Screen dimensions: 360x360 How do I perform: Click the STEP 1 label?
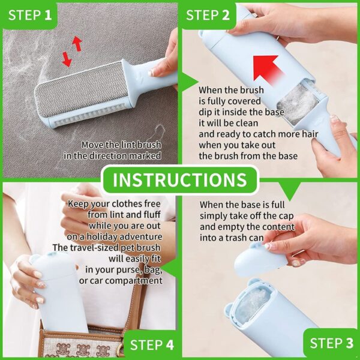(x=31, y=15)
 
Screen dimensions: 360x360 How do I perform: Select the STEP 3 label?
(x=332, y=343)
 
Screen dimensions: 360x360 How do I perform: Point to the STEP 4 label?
(x=152, y=344)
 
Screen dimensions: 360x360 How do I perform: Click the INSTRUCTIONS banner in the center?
(x=180, y=180)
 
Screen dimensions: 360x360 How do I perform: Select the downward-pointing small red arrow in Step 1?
(x=66, y=59)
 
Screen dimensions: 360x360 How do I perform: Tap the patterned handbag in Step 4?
(x=78, y=345)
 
